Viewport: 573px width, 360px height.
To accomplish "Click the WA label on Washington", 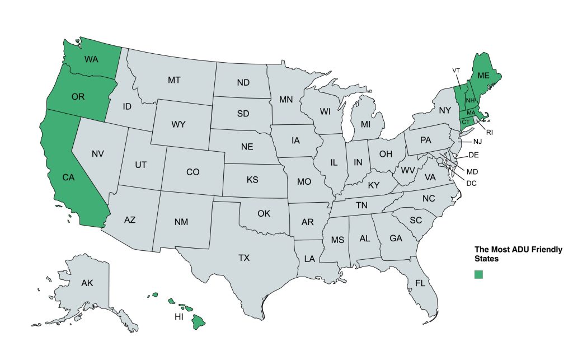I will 92,59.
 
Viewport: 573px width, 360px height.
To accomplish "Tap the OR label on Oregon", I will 78,96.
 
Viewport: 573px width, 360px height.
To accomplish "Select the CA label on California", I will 68,177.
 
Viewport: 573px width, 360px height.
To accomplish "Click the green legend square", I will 478,274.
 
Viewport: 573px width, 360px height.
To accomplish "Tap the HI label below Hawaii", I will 179,317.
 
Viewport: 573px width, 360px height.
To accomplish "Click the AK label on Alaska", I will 87,283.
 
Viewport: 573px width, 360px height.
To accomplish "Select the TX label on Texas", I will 244,258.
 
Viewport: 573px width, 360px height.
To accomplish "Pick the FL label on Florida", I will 420,283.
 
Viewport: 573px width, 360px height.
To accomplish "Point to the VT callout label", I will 456,70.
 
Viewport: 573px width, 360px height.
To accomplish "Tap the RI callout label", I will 489,133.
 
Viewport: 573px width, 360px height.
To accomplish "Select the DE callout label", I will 473,155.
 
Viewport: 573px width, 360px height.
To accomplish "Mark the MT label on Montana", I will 174,80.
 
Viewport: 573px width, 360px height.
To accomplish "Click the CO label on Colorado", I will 192,172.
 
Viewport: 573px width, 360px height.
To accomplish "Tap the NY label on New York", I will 445,110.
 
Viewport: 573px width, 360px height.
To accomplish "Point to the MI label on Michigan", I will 366,123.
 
